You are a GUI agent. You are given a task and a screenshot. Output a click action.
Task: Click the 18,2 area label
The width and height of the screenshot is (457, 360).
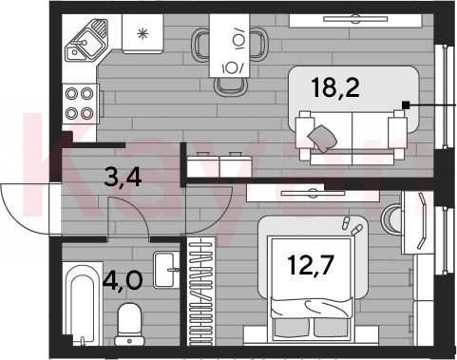(335, 88)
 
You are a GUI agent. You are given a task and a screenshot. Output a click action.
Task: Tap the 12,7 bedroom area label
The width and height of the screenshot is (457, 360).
(311, 265)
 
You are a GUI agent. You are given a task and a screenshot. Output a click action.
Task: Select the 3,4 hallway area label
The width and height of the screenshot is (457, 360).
(123, 178)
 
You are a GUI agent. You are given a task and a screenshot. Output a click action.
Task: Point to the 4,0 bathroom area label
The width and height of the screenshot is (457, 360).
(123, 280)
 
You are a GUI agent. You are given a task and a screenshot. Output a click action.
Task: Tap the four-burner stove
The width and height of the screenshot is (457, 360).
(80, 104)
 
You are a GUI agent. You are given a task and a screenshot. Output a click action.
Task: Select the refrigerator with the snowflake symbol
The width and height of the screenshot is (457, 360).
(143, 33)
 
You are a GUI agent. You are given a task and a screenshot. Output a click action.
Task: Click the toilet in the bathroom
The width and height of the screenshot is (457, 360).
(129, 324)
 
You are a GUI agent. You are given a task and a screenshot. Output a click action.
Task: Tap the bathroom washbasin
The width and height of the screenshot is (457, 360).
(165, 270)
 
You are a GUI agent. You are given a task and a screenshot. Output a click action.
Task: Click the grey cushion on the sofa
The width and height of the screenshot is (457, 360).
(322, 139)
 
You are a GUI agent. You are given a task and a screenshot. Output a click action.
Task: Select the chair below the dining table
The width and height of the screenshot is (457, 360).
(230, 86)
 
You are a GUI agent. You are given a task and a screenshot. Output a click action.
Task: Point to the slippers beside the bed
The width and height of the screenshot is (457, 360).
(352, 225)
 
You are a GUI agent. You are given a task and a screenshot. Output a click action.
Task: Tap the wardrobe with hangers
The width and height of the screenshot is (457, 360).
(201, 291)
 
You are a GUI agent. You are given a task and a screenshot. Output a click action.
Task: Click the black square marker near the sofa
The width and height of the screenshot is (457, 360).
(406, 104)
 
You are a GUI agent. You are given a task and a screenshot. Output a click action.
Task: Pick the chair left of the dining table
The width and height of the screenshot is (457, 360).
(200, 45)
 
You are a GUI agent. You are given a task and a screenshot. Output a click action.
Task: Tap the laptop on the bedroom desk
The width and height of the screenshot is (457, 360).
(421, 220)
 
